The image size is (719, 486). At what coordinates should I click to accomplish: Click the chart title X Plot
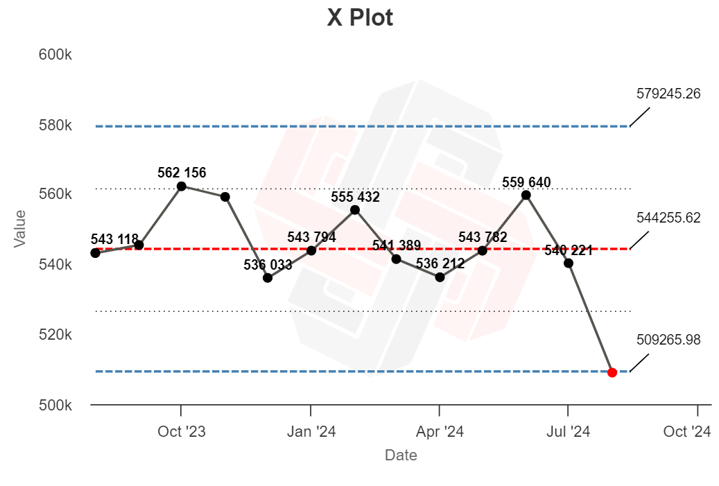[x=360, y=18]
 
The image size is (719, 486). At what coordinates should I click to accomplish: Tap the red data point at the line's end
[x=612, y=372]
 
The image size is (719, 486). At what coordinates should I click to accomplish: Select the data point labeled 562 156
[x=181, y=186]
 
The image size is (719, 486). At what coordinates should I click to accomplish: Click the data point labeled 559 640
[x=526, y=195]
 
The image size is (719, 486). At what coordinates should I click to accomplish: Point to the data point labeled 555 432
[x=355, y=210]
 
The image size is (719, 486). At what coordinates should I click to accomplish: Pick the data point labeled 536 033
[x=268, y=278]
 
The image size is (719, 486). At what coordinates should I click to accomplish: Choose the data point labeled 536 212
[x=440, y=277]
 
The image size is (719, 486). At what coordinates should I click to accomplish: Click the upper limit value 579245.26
[x=668, y=94]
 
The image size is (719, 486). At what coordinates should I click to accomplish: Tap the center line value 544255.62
[x=668, y=218]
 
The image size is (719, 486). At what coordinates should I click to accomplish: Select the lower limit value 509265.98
[x=668, y=340]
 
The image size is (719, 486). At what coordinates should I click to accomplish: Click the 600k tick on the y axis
[x=54, y=55]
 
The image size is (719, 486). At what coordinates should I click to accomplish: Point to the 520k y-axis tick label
[x=54, y=335]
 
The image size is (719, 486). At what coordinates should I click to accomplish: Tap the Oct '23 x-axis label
[x=182, y=432]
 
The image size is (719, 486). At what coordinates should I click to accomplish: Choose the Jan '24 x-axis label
[x=311, y=432]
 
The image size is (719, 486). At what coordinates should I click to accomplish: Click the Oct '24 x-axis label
[x=687, y=432]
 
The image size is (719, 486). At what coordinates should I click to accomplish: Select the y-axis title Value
[x=20, y=229]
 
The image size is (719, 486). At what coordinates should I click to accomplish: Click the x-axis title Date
[x=401, y=455]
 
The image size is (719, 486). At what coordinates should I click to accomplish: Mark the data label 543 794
[x=311, y=237]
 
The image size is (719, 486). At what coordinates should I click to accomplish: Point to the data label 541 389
[x=397, y=245]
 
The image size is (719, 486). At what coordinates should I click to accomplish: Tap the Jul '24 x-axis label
[x=569, y=432]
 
